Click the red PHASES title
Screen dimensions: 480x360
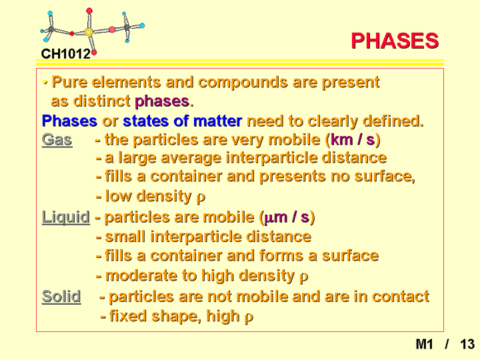(395, 41)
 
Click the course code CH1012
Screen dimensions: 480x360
(66, 54)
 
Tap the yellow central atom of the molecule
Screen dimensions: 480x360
(89, 32)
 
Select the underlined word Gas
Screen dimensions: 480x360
(57, 140)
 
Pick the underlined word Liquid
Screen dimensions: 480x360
(66, 217)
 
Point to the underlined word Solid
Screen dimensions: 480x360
(61, 296)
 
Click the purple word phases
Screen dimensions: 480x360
(162, 101)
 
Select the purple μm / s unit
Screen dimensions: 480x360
(286, 217)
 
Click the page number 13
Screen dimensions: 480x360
(467, 344)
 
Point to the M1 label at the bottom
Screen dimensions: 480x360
(424, 344)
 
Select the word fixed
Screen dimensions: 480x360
(128, 315)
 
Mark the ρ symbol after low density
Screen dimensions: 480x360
(201, 198)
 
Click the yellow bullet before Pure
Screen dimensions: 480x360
(45, 82)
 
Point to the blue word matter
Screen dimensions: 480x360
(217, 121)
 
